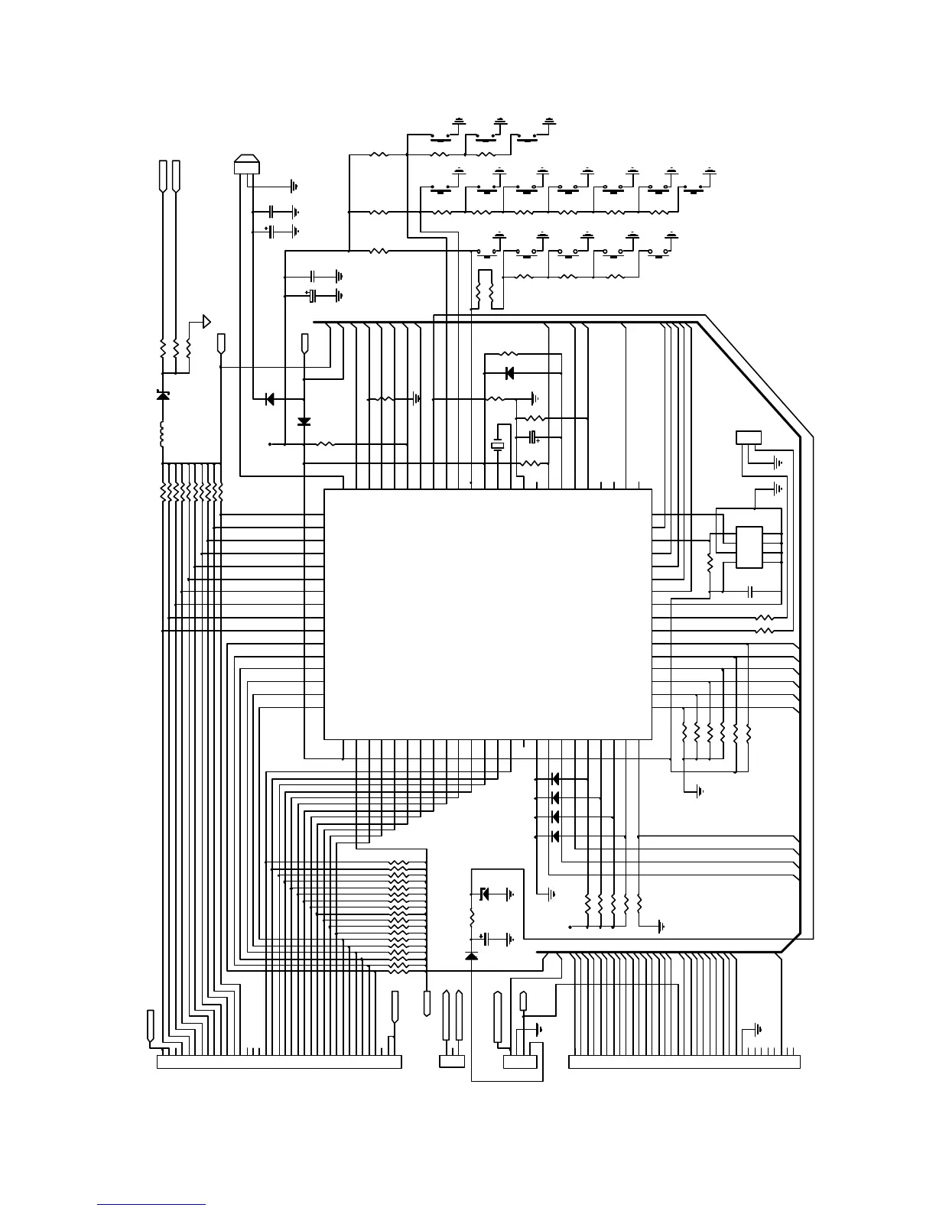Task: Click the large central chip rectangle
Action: (x=488, y=614)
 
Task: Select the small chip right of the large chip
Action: (x=749, y=547)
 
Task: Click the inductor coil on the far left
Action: (x=162, y=434)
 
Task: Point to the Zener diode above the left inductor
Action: (x=162, y=395)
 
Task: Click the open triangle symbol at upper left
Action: (x=206, y=321)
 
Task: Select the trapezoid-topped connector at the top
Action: (x=246, y=164)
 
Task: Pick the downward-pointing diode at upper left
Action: (x=304, y=421)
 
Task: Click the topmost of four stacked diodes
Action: (x=555, y=778)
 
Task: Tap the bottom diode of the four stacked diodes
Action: (x=555, y=836)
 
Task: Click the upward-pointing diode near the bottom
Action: (x=471, y=956)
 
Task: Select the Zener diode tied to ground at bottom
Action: (x=484, y=893)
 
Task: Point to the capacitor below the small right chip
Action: (x=750, y=592)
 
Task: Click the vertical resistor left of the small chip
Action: (x=710, y=563)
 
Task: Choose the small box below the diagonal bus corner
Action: (x=748, y=437)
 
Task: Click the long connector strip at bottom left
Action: (x=279, y=1062)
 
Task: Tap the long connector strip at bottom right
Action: (x=684, y=1062)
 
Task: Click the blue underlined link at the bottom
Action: (x=151, y=1204)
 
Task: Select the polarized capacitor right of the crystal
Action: (x=534, y=437)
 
